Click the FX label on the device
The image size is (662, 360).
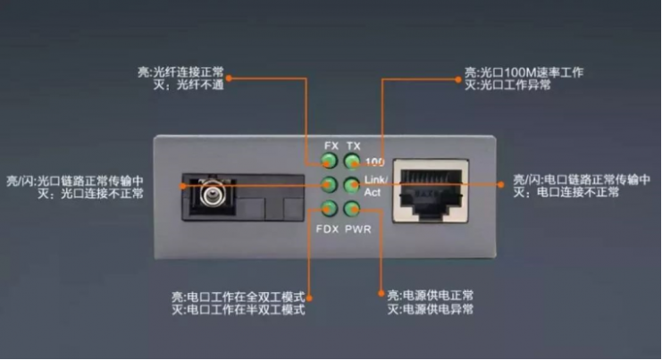point(331,146)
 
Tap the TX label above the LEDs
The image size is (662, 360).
point(354,146)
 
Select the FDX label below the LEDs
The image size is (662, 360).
point(327,230)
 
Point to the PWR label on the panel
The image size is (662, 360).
point(358,230)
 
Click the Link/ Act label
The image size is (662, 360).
point(375,186)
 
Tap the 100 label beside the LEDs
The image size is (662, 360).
point(374,162)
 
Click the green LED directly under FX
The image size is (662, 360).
point(329,161)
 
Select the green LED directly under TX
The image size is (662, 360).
point(352,161)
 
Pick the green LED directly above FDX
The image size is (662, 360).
point(329,208)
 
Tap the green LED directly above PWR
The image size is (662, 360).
point(352,208)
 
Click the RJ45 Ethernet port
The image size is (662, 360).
point(431,191)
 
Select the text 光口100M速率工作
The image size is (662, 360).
point(532,72)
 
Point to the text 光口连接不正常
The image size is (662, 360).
point(102,194)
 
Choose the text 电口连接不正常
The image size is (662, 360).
point(578,192)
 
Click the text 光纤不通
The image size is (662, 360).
point(200,85)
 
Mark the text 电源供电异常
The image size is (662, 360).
point(439,309)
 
